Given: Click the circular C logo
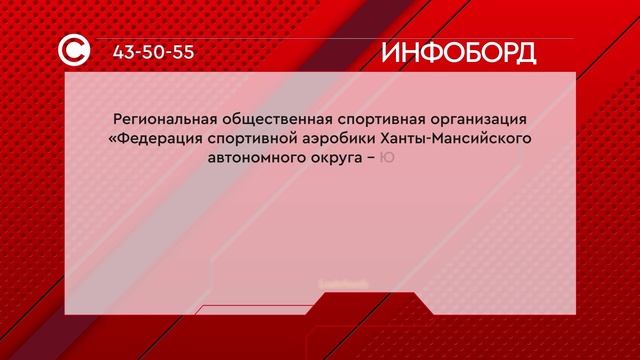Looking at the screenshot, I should (x=75, y=52).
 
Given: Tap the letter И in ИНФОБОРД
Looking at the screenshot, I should (x=392, y=53).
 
